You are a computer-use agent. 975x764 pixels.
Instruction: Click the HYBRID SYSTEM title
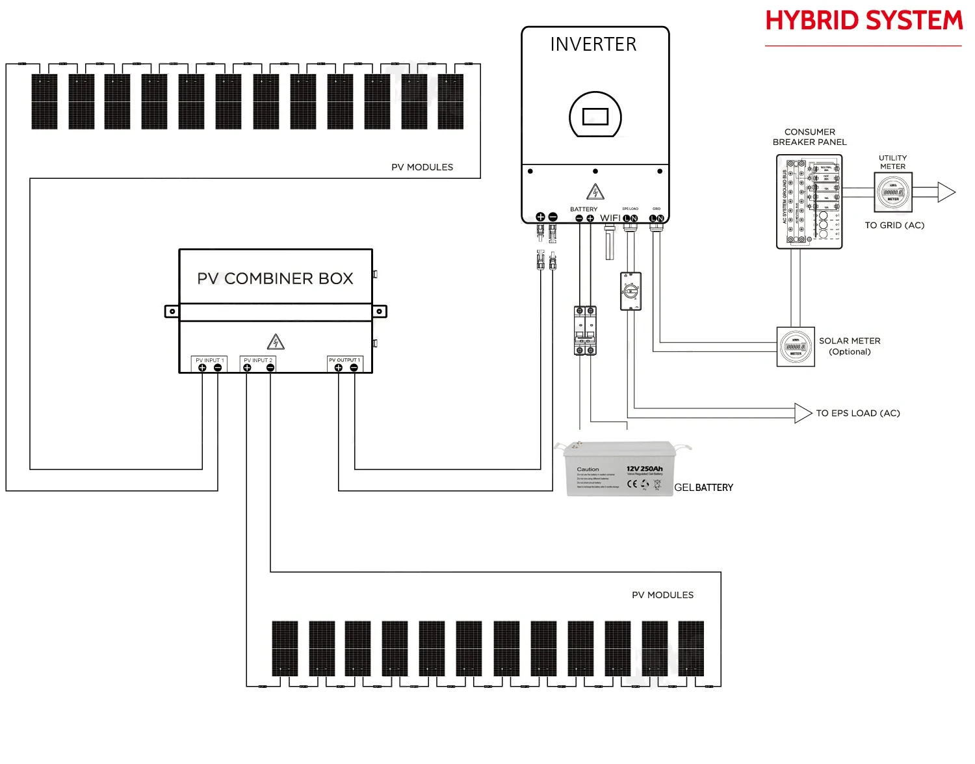863,21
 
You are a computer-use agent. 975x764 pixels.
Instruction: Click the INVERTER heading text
593,44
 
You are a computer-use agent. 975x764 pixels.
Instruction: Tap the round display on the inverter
595,116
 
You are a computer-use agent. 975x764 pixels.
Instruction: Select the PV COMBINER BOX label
275,278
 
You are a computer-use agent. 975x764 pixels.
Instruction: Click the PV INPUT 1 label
209,360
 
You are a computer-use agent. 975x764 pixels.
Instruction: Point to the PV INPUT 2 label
258,360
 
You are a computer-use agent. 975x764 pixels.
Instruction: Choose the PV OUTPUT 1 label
344,360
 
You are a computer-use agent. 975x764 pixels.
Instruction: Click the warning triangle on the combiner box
276,342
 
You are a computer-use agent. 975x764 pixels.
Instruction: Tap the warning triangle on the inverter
595,192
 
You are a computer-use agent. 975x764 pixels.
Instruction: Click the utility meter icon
893,192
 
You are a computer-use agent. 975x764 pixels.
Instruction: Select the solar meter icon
796,347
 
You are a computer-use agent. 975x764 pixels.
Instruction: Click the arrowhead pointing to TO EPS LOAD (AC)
803,413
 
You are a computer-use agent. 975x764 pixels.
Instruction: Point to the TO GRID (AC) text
894,226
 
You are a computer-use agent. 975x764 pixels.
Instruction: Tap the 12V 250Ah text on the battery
644,469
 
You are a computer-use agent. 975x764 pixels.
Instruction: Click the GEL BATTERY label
703,488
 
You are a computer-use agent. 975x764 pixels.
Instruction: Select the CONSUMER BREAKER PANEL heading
809,137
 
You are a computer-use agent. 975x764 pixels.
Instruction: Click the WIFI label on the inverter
610,218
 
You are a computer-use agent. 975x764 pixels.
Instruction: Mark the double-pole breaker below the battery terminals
585,330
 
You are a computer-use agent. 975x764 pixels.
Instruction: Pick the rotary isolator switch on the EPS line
630,291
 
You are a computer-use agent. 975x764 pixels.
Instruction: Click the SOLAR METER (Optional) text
849,346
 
